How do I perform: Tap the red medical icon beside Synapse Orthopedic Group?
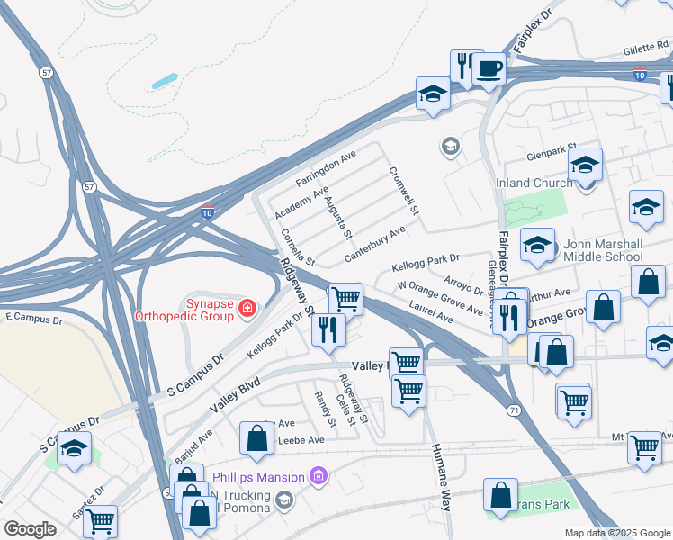247,310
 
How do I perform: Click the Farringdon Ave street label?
326,168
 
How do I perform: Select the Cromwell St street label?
405,191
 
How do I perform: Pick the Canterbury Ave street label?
374,243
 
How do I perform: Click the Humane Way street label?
440,477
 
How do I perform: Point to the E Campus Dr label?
34,319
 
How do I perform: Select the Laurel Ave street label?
431,313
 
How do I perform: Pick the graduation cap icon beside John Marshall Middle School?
538,244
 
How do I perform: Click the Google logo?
29,529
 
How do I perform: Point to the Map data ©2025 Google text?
616,533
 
